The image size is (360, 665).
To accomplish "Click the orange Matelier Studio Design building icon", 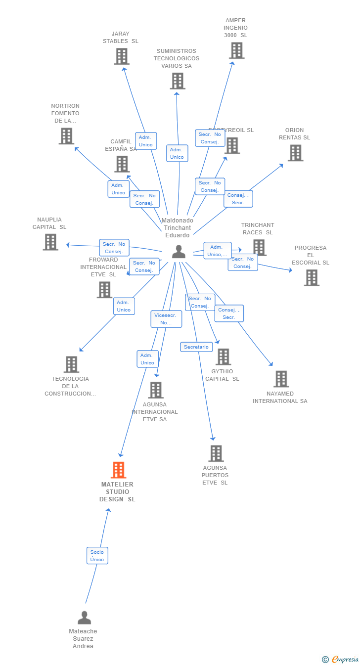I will [119, 470].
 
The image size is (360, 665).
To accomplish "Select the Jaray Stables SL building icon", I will [122, 56].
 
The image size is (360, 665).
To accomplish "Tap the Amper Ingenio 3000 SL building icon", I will [236, 50].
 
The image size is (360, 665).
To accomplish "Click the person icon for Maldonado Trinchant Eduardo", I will [179, 252].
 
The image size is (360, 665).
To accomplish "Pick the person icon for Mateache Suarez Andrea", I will [84, 618].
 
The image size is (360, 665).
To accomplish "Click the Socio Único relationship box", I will [97, 556].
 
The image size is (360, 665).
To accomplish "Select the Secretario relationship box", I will [196, 347].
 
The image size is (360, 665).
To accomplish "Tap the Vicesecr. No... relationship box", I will [166, 319].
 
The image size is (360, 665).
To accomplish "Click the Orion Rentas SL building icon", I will [295, 153].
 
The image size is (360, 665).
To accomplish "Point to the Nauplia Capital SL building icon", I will [50, 242].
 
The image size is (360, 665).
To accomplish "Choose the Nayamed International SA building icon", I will [281, 379].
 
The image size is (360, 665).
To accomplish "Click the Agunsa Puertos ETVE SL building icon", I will [216, 453].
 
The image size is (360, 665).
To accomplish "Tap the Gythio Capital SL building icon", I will [223, 356].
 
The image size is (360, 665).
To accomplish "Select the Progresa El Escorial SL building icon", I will [312, 277].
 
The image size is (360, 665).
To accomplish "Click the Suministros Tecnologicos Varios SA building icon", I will [177, 81].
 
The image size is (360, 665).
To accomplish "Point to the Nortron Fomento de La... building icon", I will [66, 136].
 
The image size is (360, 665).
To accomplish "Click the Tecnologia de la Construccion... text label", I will [70, 386].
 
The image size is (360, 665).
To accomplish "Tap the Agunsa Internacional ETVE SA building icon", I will [156, 390].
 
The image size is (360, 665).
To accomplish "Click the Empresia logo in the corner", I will [340, 659].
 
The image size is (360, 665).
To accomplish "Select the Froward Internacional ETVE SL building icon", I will [104, 290].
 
